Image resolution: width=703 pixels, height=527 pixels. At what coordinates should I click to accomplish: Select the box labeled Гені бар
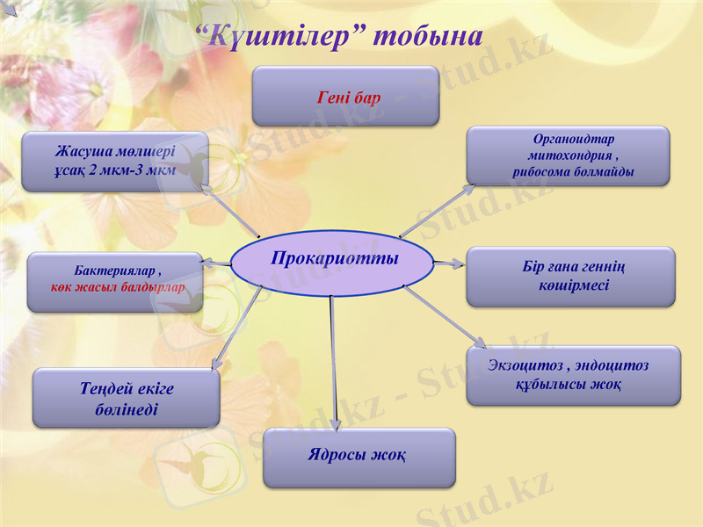pos(345,97)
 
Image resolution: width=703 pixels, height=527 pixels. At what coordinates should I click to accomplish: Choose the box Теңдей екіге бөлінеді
pos(126,399)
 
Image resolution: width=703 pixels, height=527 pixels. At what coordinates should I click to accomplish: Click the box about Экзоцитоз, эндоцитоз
pos(572,375)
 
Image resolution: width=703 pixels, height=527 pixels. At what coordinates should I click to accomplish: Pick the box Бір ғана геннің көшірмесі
pos(570,277)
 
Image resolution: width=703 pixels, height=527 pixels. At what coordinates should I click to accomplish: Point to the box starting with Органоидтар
pos(568,156)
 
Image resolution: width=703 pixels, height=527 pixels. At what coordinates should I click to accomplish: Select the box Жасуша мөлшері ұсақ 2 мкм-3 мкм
pos(114,161)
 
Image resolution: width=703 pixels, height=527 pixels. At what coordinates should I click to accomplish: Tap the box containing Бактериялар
pos(115,282)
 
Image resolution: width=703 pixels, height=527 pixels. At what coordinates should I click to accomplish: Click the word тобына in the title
pos(428,37)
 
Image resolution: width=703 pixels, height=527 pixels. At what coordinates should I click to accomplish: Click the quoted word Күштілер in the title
pos(281,37)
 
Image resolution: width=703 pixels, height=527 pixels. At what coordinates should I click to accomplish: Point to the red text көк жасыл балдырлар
pos(118,287)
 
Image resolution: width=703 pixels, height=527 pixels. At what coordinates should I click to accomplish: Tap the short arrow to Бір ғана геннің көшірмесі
pos(449,263)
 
